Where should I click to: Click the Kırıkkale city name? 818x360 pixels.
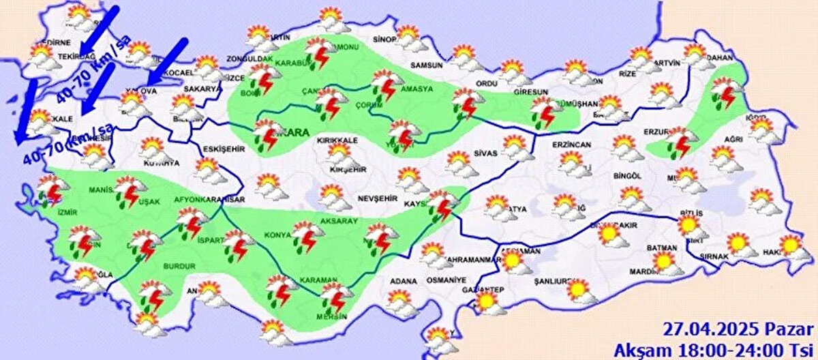(333, 140)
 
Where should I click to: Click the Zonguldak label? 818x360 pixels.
(245, 59)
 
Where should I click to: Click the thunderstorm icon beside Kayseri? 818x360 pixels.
(441, 206)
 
